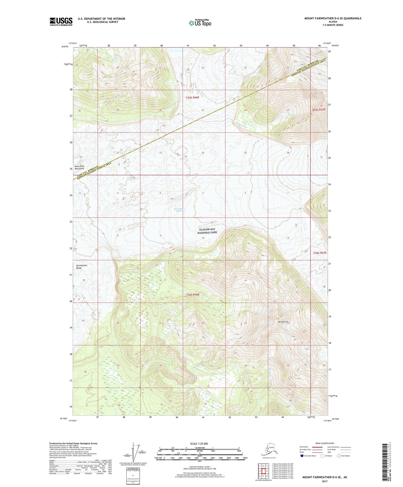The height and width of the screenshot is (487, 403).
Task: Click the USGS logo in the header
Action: pyautogui.click(x=61, y=21)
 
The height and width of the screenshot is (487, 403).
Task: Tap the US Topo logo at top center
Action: pyautogui.click(x=200, y=23)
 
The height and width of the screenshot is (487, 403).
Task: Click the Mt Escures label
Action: pyautogui.click(x=283, y=322)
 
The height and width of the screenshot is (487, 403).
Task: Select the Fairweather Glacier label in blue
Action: pyautogui.click(x=178, y=210)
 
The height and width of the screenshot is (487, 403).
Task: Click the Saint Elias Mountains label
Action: pyautogui.click(x=80, y=167)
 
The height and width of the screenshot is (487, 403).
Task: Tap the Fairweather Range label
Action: pyautogui.click(x=82, y=267)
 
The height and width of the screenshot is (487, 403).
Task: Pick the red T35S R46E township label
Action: pyautogui.click(x=193, y=97)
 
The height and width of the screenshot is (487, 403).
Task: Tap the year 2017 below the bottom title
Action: pyautogui.click(x=324, y=481)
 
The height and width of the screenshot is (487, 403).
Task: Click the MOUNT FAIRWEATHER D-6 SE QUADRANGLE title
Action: pyautogui.click(x=333, y=18)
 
